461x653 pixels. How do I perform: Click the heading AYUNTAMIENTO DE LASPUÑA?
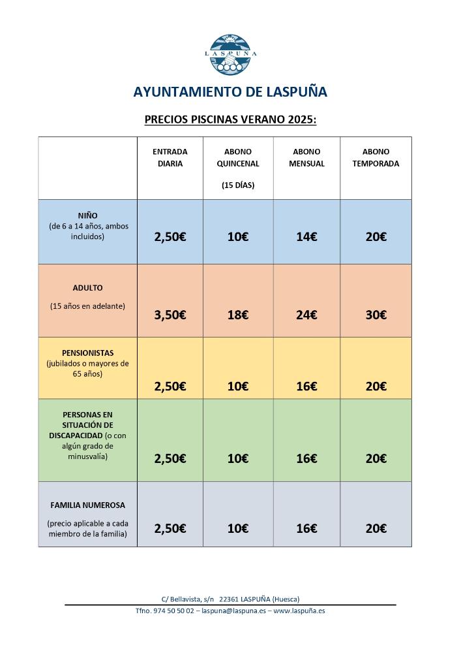pyautogui.click(x=230, y=92)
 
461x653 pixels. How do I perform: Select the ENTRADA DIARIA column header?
pyautogui.click(x=170, y=157)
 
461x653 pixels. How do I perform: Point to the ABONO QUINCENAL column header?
pyautogui.click(x=237, y=157)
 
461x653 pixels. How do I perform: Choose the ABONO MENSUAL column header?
pyautogui.click(x=306, y=157)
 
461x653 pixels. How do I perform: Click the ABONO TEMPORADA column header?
pyautogui.click(x=376, y=157)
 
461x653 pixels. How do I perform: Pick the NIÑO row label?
pyautogui.click(x=87, y=215)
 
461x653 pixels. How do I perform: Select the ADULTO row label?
pyautogui.click(x=87, y=287)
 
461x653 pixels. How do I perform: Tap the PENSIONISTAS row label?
pyautogui.click(x=87, y=353)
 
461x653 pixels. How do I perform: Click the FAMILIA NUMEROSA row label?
pyautogui.click(x=87, y=505)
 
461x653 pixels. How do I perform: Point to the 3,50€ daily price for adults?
pyautogui.click(x=170, y=315)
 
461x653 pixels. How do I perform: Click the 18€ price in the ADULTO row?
pyautogui.click(x=237, y=315)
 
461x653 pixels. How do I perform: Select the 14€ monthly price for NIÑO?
pyautogui.click(x=306, y=237)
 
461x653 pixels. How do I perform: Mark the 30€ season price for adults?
pyautogui.click(x=376, y=315)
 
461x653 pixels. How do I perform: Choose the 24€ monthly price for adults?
pyautogui.click(x=306, y=315)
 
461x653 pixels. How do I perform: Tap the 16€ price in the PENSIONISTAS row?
pyautogui.click(x=306, y=386)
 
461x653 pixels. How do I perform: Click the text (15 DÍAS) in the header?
pyautogui.click(x=237, y=185)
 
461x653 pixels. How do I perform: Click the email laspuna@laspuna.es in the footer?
pyautogui.click(x=233, y=611)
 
